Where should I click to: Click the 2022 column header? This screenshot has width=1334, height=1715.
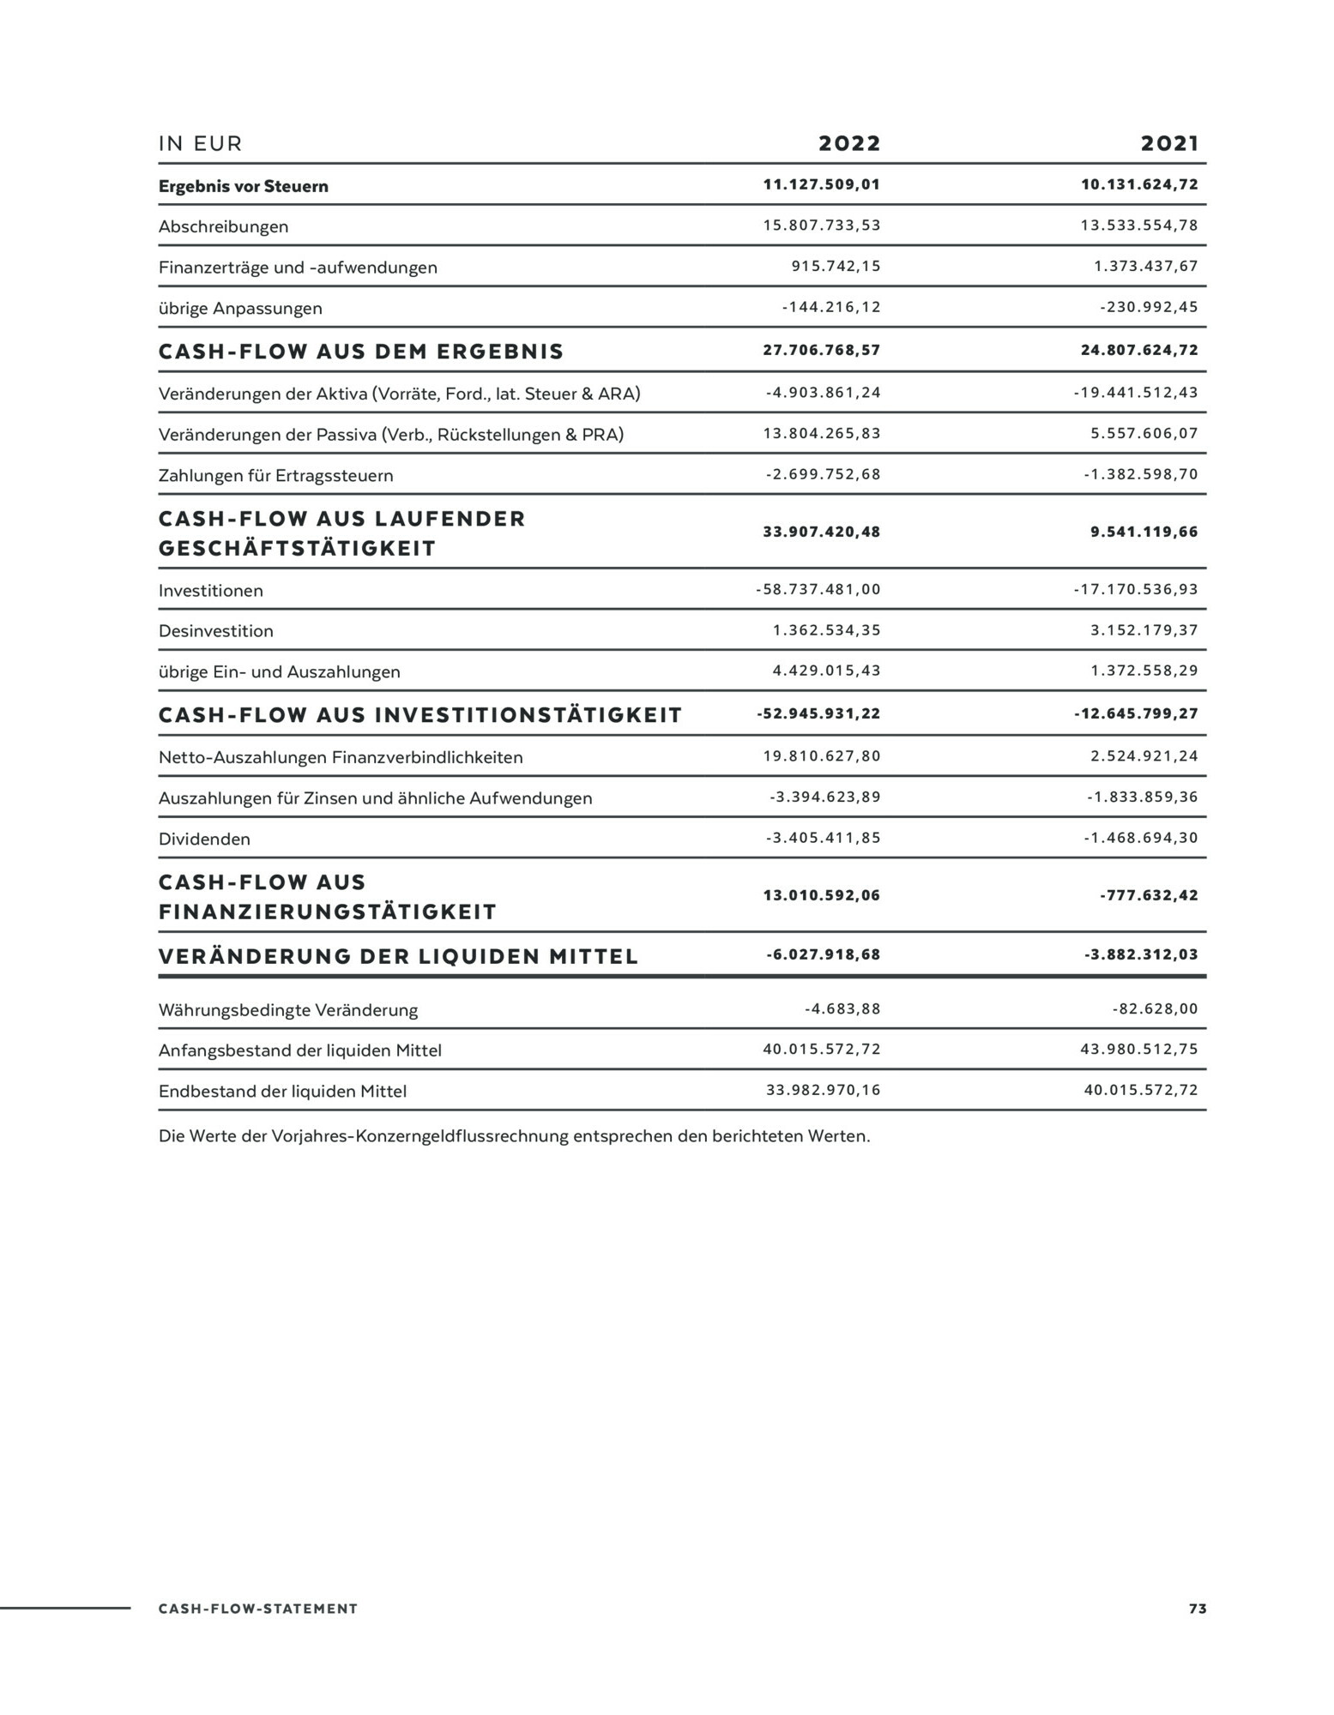849,143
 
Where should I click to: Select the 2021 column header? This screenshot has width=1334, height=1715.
1169,143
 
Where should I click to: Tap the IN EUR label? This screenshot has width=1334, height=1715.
201,144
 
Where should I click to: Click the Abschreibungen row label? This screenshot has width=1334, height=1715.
223,227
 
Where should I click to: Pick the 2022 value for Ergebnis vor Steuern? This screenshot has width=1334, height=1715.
821,184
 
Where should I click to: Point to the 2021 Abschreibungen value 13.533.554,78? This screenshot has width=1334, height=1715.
1138,226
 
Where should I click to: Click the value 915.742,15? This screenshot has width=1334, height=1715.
836,266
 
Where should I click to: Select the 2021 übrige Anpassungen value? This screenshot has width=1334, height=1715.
1149,307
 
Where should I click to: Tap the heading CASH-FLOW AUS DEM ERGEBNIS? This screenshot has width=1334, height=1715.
361,352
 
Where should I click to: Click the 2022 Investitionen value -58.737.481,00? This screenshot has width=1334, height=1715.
818,589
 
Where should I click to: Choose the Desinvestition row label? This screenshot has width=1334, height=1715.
216,631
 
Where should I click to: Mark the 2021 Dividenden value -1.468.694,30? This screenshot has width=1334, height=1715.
1140,838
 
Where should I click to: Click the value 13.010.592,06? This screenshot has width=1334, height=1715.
821,895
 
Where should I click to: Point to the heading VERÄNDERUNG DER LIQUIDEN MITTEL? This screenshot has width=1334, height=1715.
398,956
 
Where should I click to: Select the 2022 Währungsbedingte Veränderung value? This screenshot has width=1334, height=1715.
842,1008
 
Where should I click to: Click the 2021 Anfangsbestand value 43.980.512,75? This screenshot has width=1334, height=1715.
1138,1049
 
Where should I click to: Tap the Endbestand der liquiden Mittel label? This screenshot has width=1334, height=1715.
282,1092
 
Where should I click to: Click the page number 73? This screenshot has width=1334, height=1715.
1198,1609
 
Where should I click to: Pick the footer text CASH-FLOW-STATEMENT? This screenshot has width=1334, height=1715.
258,1609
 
